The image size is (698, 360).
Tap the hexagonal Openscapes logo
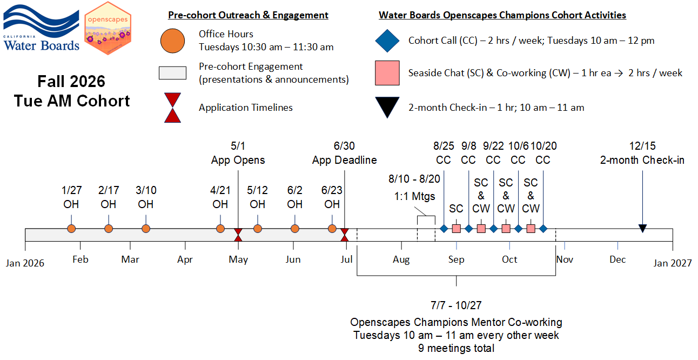(108, 28)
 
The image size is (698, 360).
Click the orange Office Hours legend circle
(172, 41)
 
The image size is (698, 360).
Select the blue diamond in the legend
(387, 41)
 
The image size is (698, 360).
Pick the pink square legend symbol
(387, 73)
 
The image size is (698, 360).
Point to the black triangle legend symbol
(387, 107)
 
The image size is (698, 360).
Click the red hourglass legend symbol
(172, 108)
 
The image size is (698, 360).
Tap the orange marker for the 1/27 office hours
(71, 229)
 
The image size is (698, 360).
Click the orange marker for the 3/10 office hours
(146, 229)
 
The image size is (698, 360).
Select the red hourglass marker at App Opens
(238, 235)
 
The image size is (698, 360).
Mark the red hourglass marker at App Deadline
(345, 235)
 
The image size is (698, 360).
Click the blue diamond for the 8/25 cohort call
(444, 229)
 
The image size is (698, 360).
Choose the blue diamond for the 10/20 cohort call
(543, 229)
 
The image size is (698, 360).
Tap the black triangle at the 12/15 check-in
(642, 229)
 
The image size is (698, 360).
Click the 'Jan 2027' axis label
(672, 263)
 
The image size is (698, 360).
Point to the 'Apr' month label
(185, 259)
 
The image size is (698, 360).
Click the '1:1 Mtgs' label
(414, 196)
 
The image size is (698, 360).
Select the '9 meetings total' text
(456, 348)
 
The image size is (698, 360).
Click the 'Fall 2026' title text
(71, 82)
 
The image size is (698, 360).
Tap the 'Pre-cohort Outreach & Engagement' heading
(248, 15)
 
